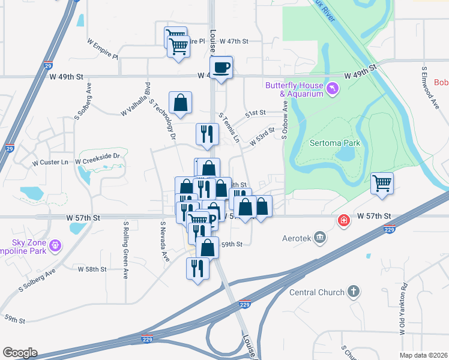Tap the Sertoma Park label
click(x=336, y=143)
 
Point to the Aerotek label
click(x=297, y=238)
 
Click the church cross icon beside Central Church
click(x=354, y=292)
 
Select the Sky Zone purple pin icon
click(x=56, y=245)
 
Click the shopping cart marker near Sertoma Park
click(x=382, y=183)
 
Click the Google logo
click(x=20, y=353)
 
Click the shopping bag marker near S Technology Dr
click(x=180, y=103)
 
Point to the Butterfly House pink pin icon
click(x=333, y=89)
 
